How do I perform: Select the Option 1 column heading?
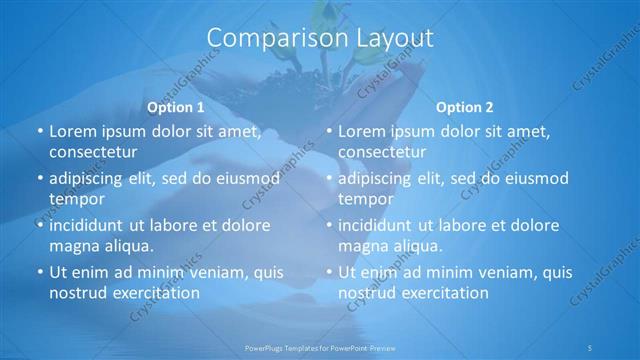(x=176, y=107)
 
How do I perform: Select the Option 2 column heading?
(x=465, y=107)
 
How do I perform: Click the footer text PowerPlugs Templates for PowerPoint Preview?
(x=320, y=346)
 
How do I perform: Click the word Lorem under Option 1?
(x=72, y=131)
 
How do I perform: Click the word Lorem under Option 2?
(x=361, y=131)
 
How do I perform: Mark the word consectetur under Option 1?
(x=93, y=152)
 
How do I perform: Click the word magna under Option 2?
(x=362, y=246)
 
